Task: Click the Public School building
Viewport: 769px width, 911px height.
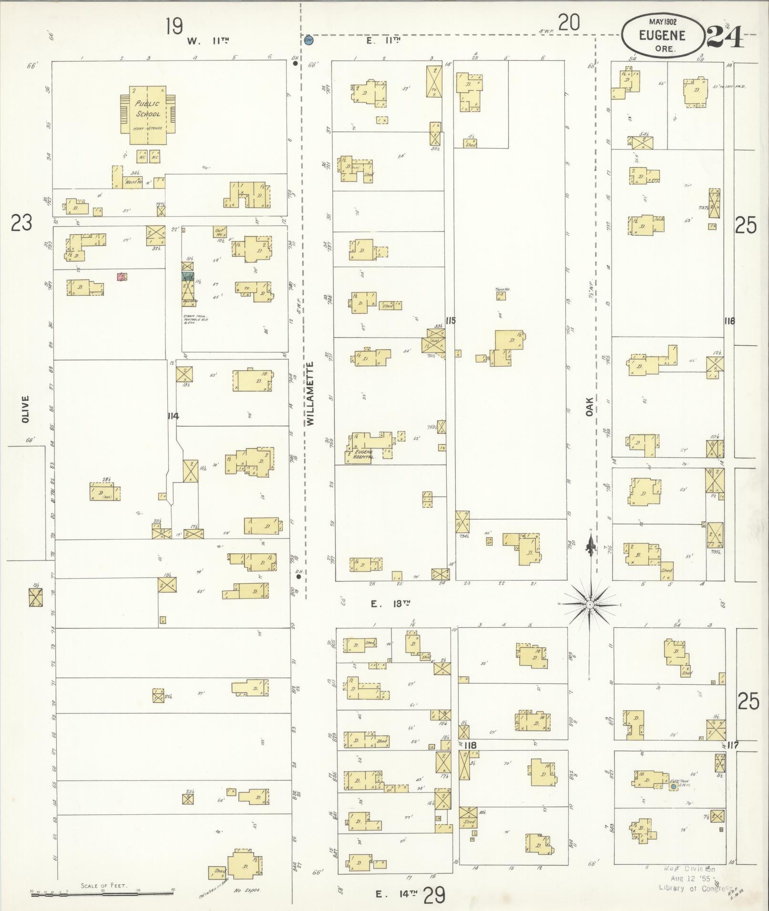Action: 148,114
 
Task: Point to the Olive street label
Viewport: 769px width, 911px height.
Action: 25,408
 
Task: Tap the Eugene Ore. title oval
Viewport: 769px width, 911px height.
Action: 662,35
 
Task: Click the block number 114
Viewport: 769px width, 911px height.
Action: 173,416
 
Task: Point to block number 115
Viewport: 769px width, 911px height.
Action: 451,320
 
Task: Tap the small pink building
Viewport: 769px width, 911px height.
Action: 122,276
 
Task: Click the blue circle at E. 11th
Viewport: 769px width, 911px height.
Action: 308,40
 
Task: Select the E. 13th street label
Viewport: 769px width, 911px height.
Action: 391,604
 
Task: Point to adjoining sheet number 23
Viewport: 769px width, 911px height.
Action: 21,223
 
